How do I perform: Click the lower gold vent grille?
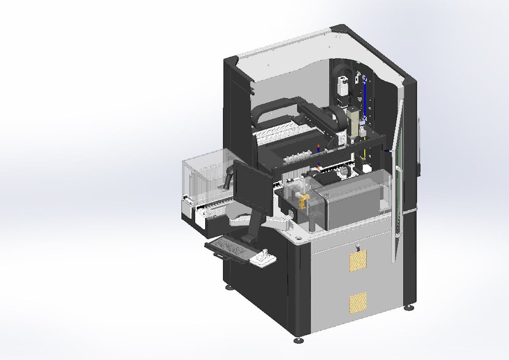point(358,302)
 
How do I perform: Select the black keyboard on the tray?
point(227,248)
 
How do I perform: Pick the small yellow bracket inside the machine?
point(303,202)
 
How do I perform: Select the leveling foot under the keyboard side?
point(229,287)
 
